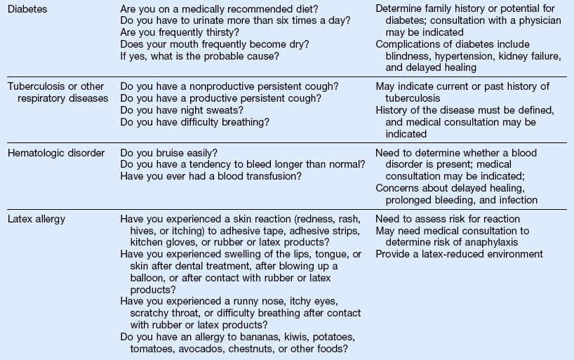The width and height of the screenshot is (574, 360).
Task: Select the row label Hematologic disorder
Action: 55,152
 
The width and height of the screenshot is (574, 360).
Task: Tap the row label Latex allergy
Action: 36,219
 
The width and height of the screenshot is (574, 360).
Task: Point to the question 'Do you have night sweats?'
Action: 182,110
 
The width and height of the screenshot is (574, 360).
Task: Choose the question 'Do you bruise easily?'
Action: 168,152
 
